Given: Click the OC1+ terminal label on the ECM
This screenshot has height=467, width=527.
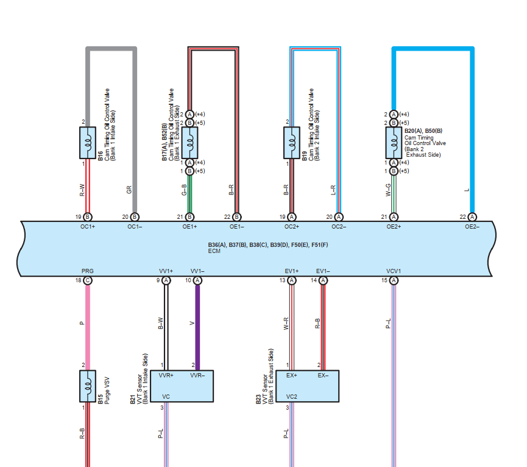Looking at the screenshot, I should tap(87, 227).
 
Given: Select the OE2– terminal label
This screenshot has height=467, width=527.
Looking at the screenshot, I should tap(472, 227).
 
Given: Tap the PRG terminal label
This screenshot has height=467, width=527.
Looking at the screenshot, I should tap(87, 270).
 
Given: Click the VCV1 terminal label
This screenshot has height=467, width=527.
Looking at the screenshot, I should tap(394, 270).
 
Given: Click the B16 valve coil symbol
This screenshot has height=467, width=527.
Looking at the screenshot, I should tap(88, 143).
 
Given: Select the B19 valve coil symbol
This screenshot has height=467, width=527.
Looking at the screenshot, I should tap(291, 143).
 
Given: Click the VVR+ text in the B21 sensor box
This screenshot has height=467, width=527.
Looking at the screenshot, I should tap(166, 376).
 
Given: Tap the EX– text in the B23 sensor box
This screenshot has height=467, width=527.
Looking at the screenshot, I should tap(323, 376).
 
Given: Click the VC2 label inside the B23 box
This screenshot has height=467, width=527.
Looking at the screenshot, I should tap(292, 397).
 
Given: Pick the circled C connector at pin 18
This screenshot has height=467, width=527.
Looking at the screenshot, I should tap(88, 280).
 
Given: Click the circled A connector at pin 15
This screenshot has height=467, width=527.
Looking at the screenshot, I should tap(394, 280).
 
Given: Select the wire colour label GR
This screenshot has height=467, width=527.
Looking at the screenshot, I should tap(129, 190).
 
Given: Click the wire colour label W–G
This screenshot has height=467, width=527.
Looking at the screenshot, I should tap(387, 190).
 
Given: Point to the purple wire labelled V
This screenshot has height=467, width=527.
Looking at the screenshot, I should tap(197, 323).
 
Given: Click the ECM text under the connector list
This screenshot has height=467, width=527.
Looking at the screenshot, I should tap(214, 251).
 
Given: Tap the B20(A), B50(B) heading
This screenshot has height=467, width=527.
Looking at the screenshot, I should tap(424, 130).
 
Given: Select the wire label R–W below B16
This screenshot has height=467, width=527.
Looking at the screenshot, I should tap(82, 190).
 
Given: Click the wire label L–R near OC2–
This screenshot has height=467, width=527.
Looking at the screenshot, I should tap(333, 190).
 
